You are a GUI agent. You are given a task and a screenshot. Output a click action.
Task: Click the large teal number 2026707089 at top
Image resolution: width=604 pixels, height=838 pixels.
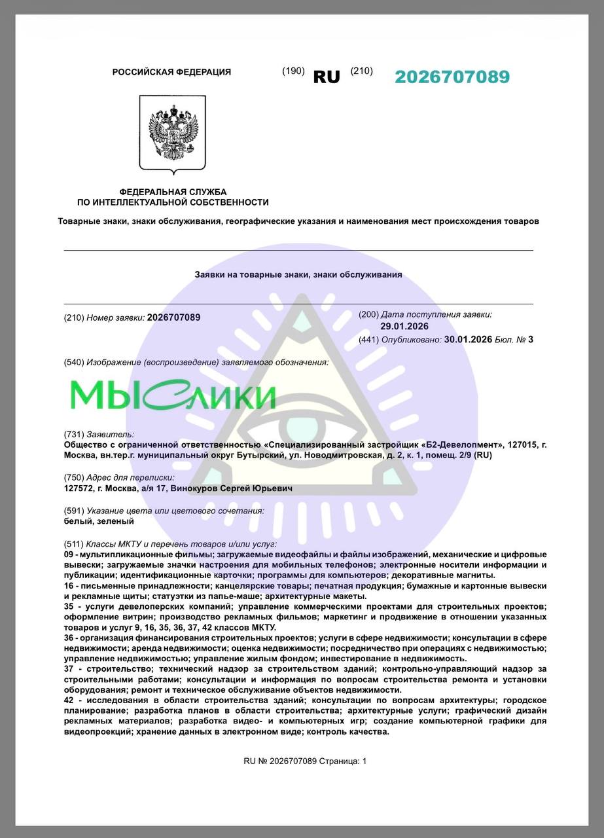coord(452,77)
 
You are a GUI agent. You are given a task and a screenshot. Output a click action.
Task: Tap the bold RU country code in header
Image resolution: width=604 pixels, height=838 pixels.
coord(327,77)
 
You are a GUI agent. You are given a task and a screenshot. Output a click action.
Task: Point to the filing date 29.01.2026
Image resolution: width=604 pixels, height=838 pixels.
coord(404,326)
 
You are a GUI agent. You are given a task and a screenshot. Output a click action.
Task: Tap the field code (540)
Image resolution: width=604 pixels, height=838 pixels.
coord(74,362)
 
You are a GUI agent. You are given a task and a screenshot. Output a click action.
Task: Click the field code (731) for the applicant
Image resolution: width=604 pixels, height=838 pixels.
coord(74,434)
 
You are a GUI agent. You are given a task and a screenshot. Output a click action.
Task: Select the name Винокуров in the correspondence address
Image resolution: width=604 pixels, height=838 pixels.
coord(194,488)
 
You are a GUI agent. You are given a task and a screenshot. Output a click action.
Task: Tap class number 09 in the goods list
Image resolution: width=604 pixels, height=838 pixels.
coord(69,554)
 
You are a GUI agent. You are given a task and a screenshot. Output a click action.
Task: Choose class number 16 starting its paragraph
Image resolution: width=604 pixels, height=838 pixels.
coord(69,585)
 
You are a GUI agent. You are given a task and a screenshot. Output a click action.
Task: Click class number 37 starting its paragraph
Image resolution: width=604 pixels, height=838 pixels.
coord(69,668)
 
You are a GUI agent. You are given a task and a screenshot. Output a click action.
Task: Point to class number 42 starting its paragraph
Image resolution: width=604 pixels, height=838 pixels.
coord(69,701)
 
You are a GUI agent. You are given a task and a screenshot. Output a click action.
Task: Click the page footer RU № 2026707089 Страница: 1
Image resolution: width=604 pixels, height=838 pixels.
coord(305,761)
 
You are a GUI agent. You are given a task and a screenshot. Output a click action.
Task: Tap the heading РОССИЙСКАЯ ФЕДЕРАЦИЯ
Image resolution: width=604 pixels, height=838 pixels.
coord(171,72)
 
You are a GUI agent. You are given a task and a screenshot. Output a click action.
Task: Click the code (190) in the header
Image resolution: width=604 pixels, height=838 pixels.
coord(293,71)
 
